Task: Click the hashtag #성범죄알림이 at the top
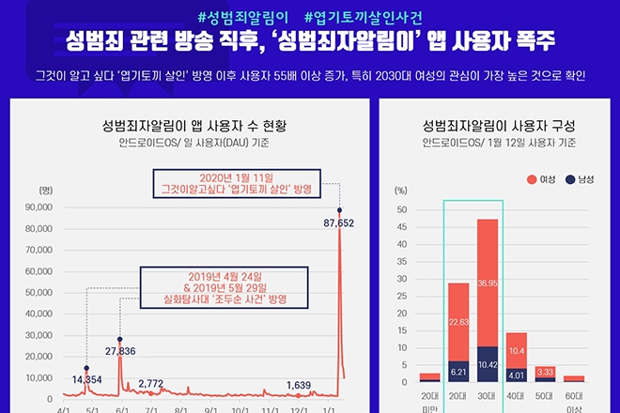(242, 16)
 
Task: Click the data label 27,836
(120, 350)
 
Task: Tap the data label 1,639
(298, 385)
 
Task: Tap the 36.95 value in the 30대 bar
(487, 283)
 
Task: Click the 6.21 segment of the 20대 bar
(457, 372)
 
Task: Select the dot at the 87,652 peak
(339, 210)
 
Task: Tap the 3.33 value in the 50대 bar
(545, 372)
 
